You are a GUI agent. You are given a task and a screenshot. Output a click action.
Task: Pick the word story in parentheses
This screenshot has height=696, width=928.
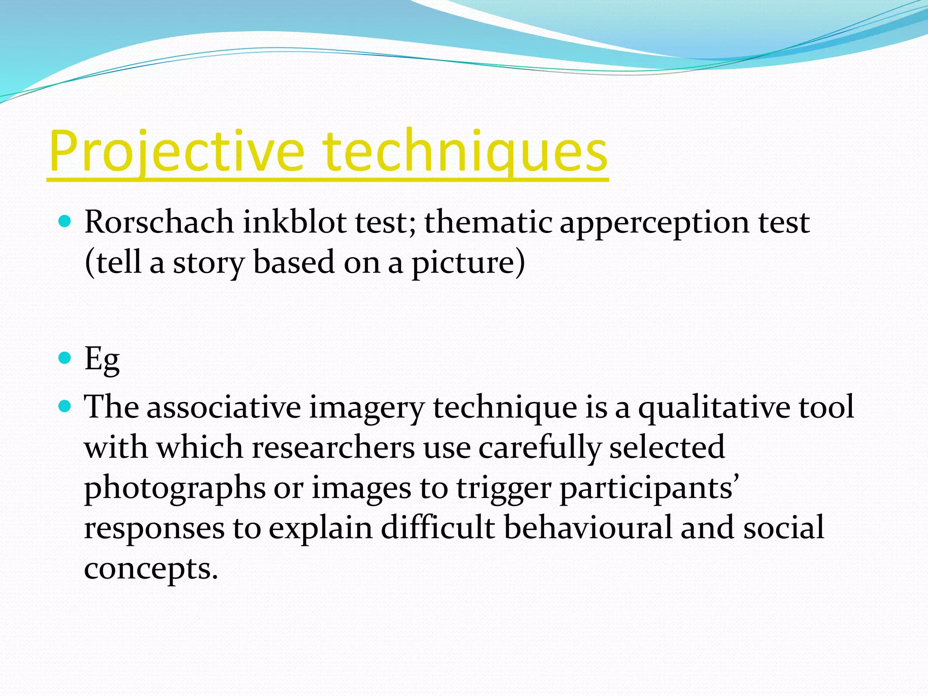click(x=209, y=263)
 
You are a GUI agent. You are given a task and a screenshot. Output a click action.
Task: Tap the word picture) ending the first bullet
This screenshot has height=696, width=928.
click(x=468, y=263)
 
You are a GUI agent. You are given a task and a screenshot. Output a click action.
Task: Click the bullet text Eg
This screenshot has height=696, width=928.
click(x=102, y=359)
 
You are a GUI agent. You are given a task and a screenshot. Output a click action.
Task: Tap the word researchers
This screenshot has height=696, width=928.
click(x=333, y=447)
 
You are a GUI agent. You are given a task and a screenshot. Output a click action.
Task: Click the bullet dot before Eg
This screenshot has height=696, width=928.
click(x=65, y=358)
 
